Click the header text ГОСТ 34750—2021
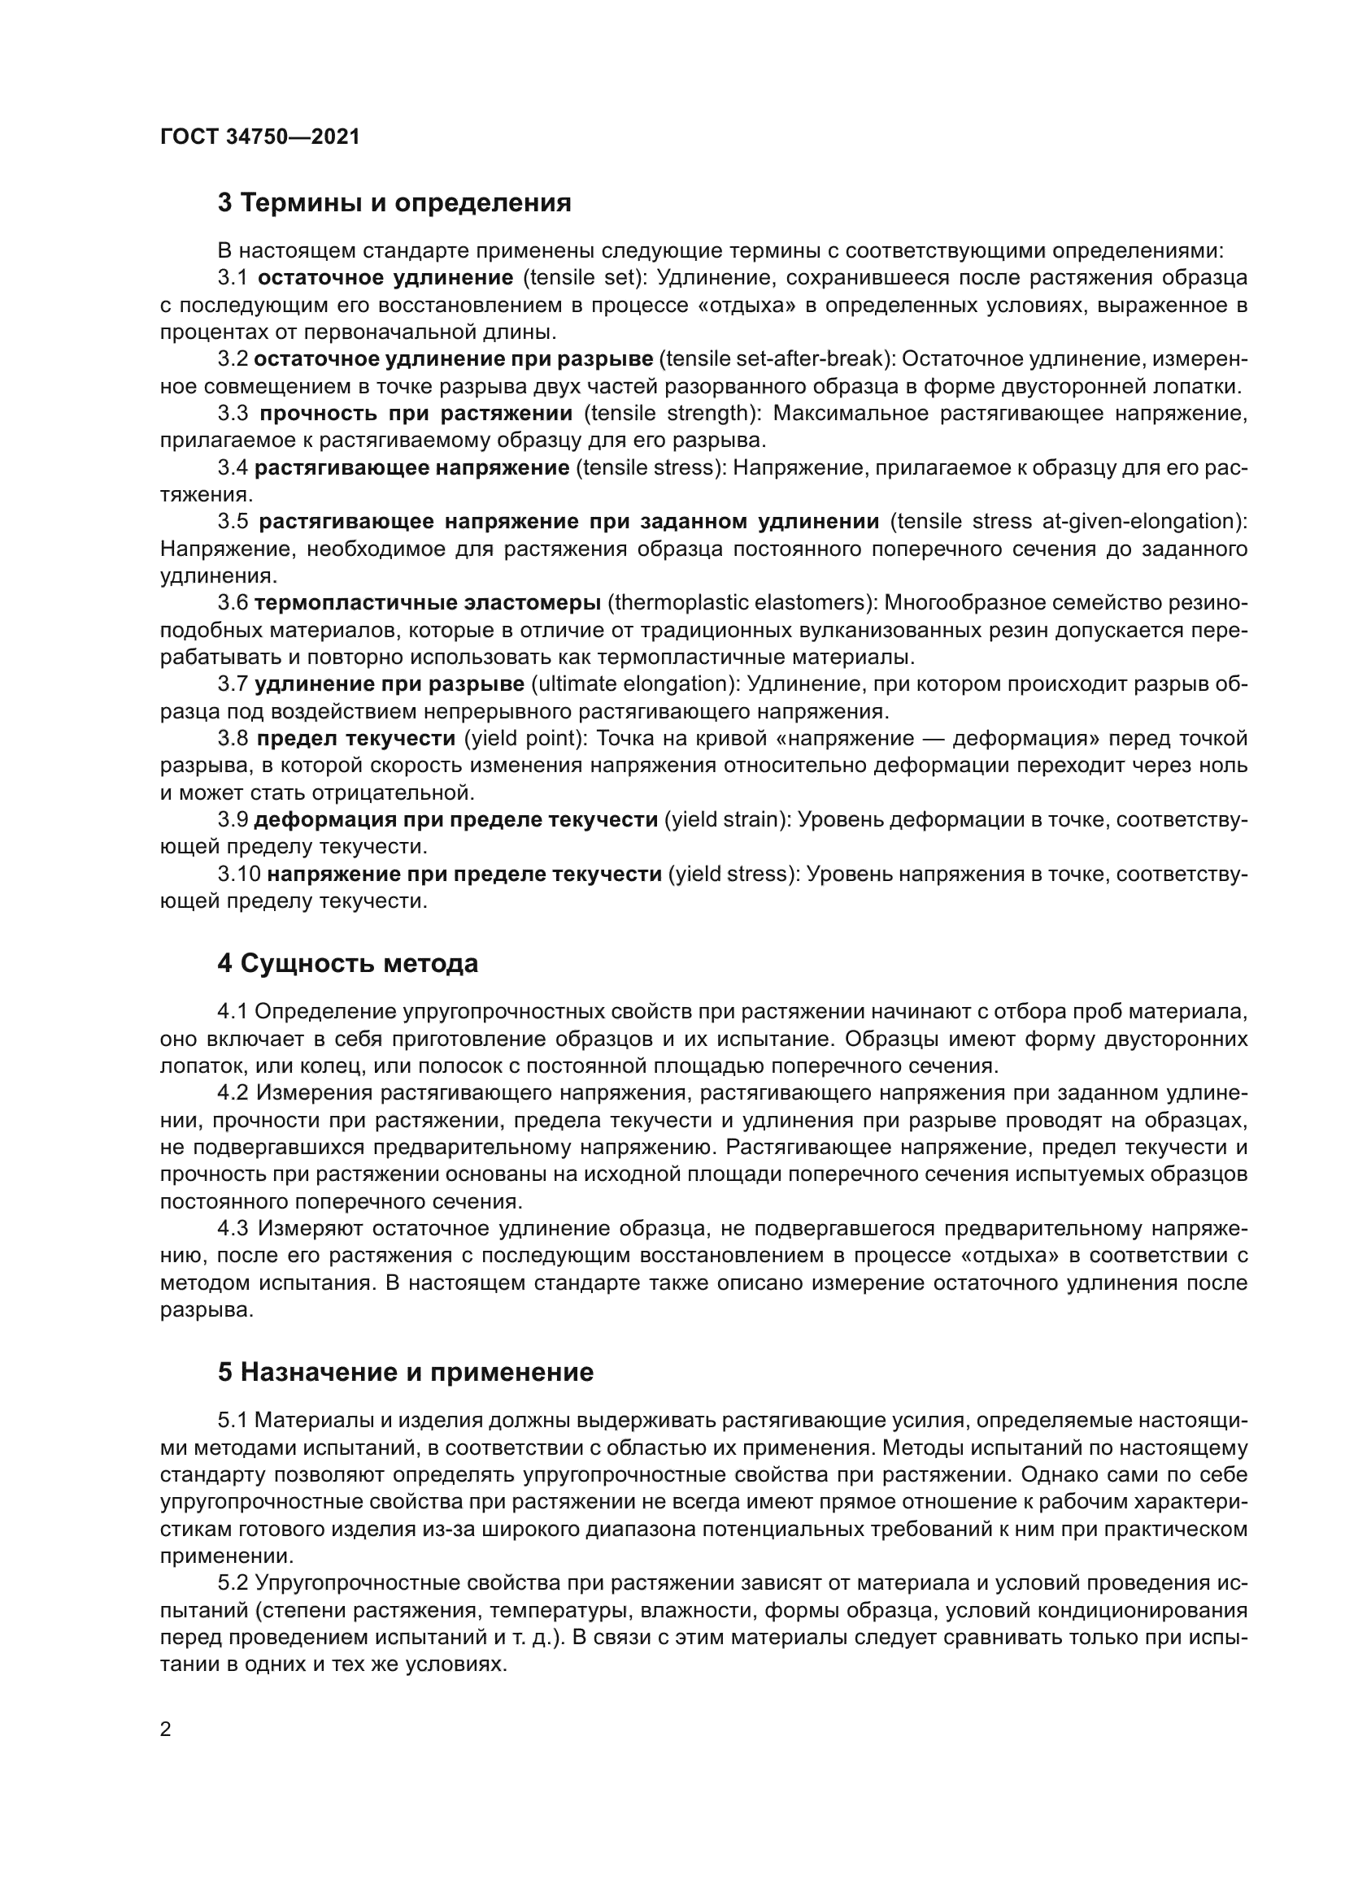pos(260,137)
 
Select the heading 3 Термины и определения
pos(394,203)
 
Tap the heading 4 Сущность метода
pos(348,964)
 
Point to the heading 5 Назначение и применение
pos(406,1373)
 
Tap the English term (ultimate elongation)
pos(635,684)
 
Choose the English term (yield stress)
pos(733,875)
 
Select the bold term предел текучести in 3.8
pos(356,738)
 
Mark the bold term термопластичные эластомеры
pos(428,603)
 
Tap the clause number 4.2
pos(233,1093)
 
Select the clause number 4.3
pos(233,1229)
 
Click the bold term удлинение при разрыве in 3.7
pos(390,684)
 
